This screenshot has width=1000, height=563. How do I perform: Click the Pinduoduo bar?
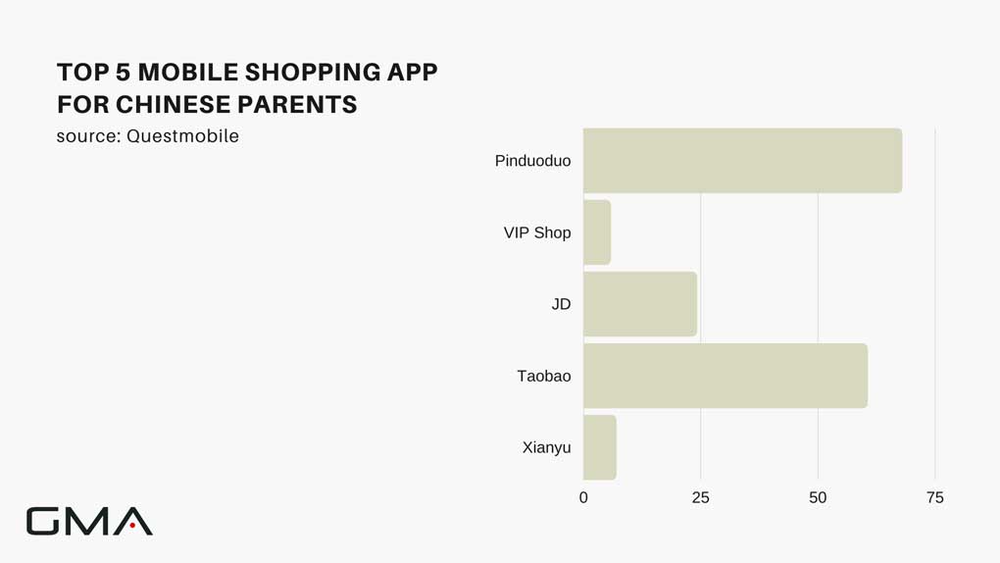coord(742,160)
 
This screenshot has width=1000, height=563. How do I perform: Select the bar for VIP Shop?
coord(597,232)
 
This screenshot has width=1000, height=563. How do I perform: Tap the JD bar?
coord(640,304)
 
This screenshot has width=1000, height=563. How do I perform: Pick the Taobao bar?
coord(725,376)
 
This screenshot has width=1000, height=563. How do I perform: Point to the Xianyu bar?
coord(599,447)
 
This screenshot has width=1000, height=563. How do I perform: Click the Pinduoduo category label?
coord(532,161)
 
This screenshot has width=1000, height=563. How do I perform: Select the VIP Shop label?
coord(537,233)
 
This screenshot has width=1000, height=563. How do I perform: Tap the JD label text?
coord(561,304)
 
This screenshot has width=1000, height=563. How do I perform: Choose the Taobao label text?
coord(544,376)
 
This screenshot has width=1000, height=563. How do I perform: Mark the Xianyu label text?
coord(546,448)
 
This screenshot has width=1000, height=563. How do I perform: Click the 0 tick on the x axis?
coord(583,498)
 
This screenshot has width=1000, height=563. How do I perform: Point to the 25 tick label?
coord(700,498)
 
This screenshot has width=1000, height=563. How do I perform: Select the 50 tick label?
coord(818,498)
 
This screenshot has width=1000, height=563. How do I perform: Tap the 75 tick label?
coord(935,498)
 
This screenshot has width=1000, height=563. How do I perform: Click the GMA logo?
coord(89,521)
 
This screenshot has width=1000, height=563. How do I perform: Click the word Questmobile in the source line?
coord(183,136)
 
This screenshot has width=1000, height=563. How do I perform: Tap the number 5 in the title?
coord(124,73)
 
